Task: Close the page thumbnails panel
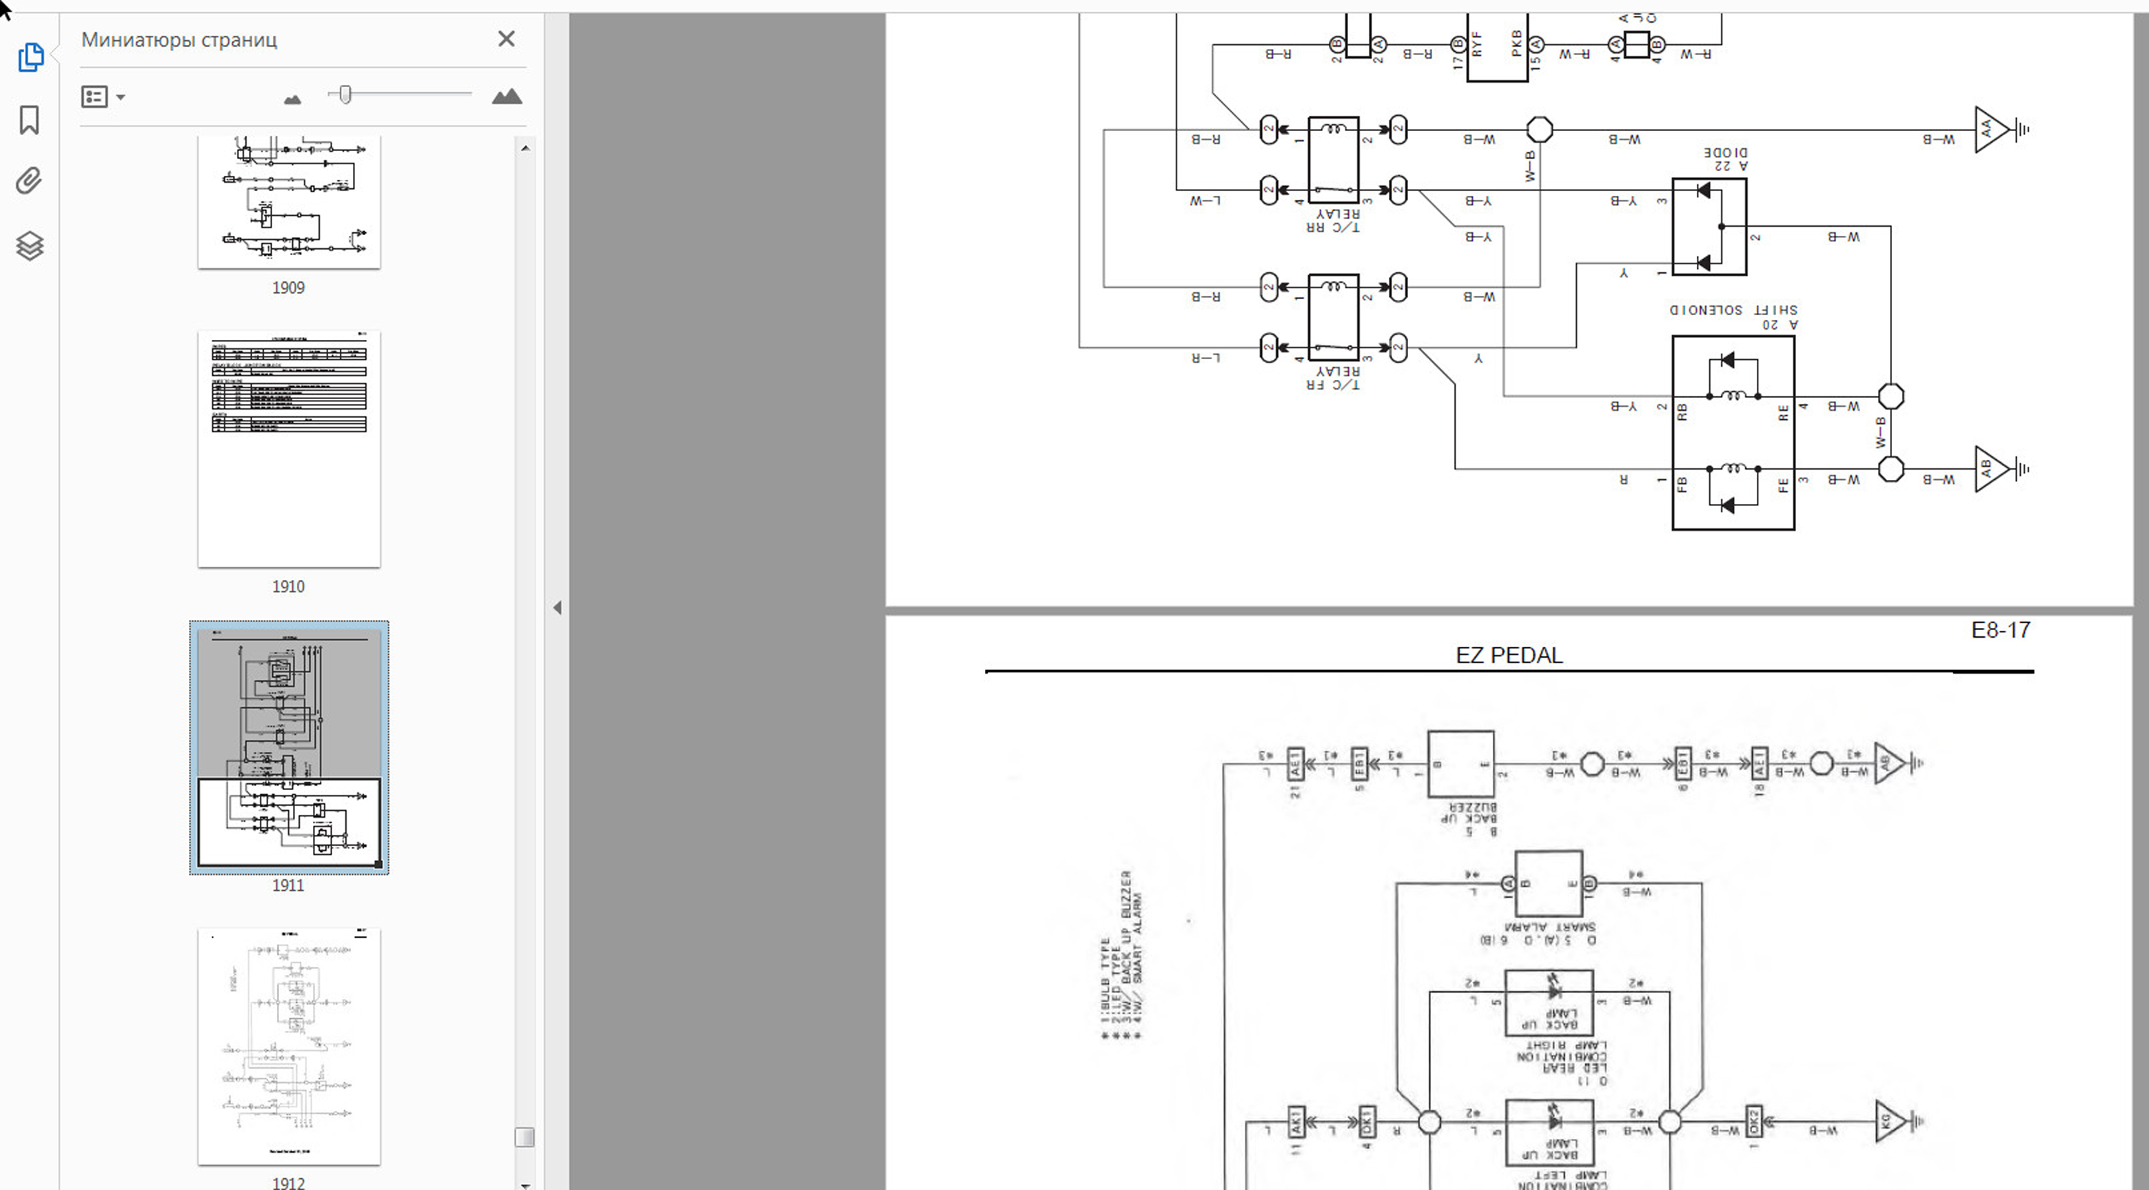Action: (506, 39)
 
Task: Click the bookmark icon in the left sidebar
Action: (29, 119)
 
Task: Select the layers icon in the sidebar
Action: (29, 245)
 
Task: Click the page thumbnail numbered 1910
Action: (289, 449)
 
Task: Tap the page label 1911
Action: (288, 885)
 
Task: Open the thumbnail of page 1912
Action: (289, 1046)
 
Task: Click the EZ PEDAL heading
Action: (1508, 656)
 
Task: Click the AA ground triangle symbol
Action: (1990, 130)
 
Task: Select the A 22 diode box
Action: (1709, 226)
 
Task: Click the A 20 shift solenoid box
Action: (1733, 432)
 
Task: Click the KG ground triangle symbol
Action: (1890, 1121)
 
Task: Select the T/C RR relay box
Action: (1333, 159)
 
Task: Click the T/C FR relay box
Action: (1333, 316)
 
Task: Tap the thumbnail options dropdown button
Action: (103, 97)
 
